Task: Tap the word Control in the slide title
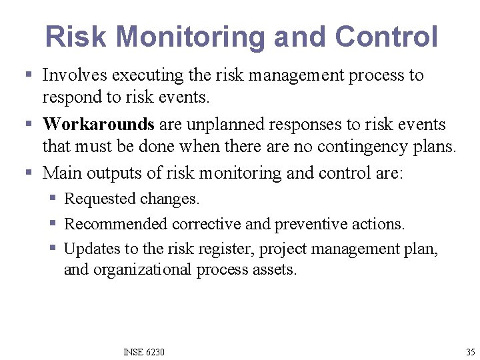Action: pyautogui.click(x=386, y=37)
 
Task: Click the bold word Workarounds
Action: pyautogui.click(x=99, y=125)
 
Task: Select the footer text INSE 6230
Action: pyautogui.click(x=144, y=351)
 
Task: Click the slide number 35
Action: pyautogui.click(x=470, y=351)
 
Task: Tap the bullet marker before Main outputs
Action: pyautogui.click(x=28, y=173)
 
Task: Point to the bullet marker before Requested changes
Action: pyautogui.click(x=53, y=199)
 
